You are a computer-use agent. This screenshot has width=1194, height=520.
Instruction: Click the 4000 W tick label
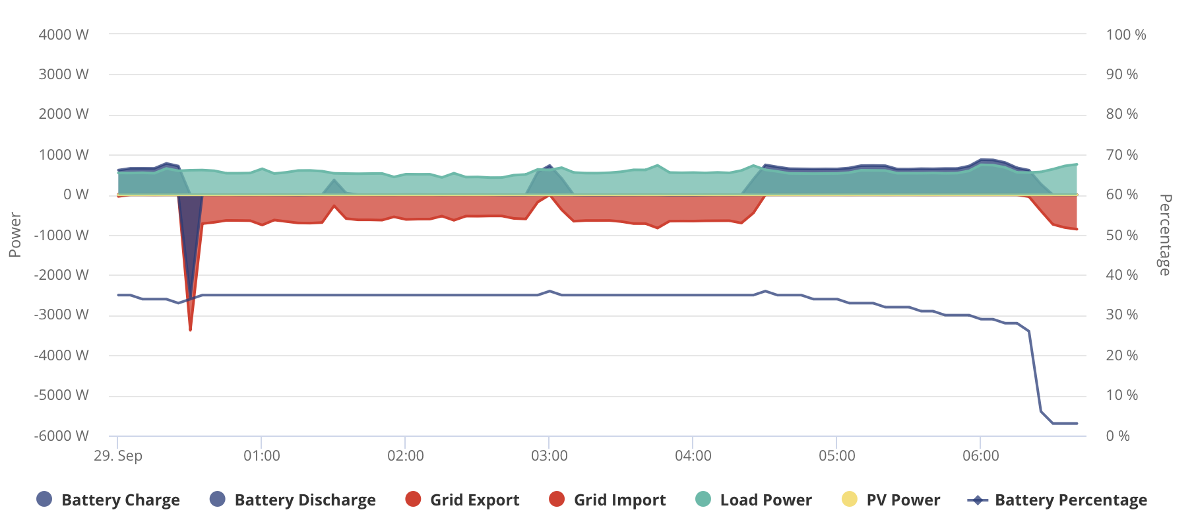[63, 35]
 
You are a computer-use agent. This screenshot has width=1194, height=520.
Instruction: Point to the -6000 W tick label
[61, 436]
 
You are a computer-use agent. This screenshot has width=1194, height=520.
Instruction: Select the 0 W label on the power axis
[76, 195]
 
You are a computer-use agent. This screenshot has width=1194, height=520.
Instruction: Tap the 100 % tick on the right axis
[1126, 35]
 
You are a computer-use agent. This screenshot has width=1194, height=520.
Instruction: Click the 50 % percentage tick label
[1122, 236]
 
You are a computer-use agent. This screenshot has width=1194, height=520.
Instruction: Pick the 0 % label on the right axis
[1118, 436]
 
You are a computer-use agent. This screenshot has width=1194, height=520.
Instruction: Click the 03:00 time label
[550, 456]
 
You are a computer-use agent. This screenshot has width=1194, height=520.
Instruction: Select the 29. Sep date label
[118, 456]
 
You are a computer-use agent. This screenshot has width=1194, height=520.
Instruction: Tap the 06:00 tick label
[981, 456]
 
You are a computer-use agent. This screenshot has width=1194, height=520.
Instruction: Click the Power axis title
[15, 235]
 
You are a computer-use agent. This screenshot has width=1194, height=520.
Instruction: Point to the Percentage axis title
[1166, 235]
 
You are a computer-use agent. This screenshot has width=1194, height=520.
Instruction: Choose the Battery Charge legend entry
[108, 500]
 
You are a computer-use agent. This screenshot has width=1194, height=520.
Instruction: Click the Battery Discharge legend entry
[292, 500]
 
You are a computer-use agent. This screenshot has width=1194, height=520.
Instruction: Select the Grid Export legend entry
[462, 500]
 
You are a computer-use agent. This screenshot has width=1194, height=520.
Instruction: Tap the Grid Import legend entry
[607, 500]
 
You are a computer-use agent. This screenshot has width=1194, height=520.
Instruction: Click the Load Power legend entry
[753, 500]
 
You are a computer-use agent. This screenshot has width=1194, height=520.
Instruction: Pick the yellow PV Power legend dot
[850, 500]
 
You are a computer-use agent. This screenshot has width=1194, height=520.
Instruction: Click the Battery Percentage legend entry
[1057, 500]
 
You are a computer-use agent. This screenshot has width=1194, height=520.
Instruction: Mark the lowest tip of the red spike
[191, 330]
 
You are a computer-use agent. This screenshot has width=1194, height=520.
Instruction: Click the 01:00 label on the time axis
[262, 456]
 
